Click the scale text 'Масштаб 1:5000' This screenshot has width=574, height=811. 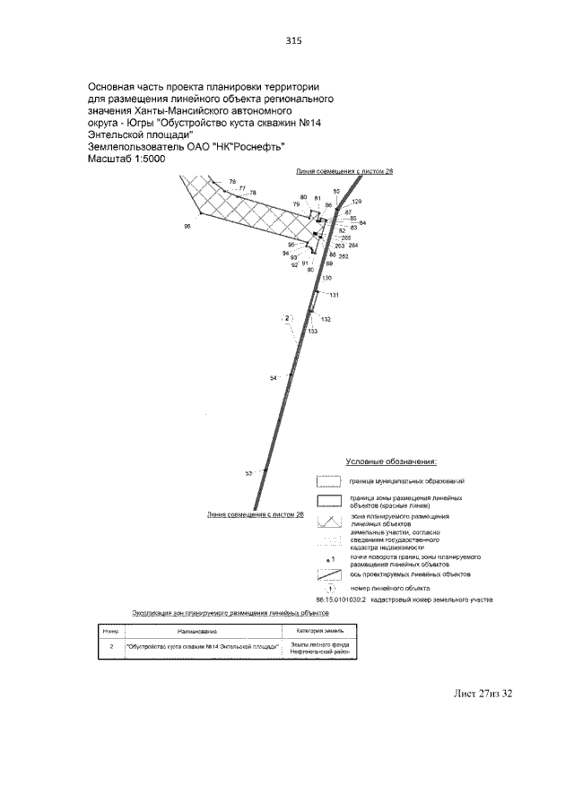(x=126, y=159)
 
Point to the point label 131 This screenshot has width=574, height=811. (x=334, y=295)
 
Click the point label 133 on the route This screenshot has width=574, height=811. (x=312, y=331)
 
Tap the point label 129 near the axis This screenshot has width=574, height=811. (x=357, y=202)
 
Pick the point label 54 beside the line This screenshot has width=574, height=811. (x=274, y=378)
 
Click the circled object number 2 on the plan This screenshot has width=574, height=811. (x=287, y=318)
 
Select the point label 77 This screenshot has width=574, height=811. (x=242, y=188)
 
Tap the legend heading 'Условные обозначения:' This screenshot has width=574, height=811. (x=391, y=462)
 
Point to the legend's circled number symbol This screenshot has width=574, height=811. (x=329, y=588)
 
